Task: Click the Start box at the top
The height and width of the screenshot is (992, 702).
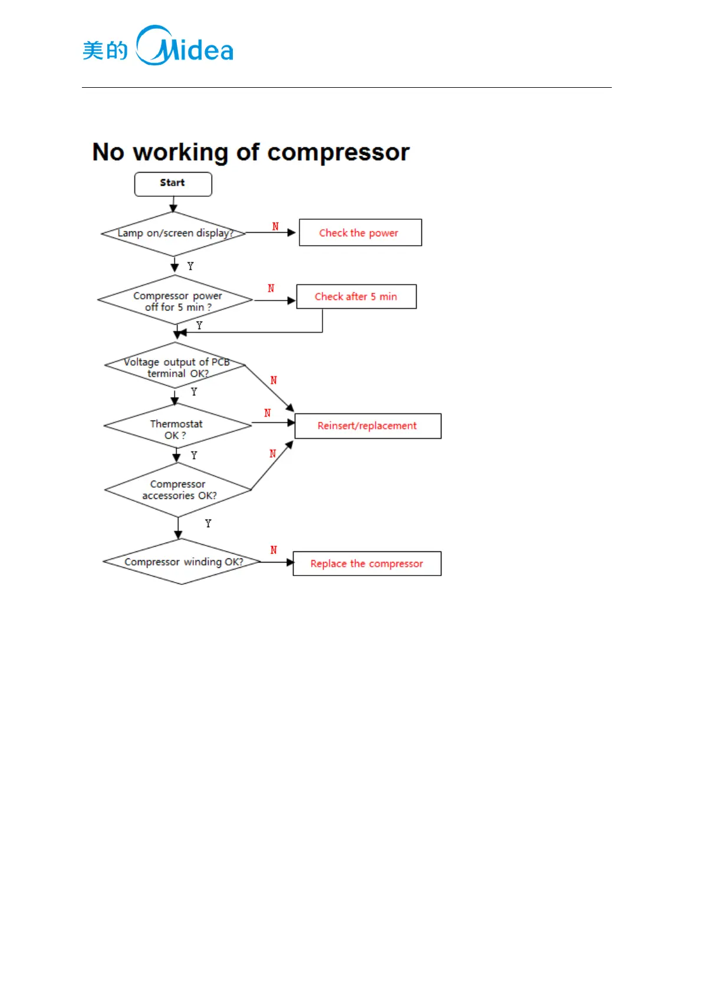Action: click(x=173, y=184)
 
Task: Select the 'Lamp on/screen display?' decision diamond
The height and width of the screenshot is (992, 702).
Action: click(x=174, y=233)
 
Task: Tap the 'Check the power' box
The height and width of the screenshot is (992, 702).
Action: click(x=360, y=233)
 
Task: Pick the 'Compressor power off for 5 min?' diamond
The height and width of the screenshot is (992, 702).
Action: click(x=176, y=300)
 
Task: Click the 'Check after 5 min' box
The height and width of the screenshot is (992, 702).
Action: click(x=356, y=296)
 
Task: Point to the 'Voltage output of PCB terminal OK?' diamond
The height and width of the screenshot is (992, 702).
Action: click(x=175, y=366)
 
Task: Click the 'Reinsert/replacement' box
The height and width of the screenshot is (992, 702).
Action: click(x=367, y=426)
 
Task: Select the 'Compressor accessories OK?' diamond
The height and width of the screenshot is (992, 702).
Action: click(x=178, y=490)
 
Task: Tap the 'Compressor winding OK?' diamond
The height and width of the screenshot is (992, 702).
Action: click(x=182, y=562)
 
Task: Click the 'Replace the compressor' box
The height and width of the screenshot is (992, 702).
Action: click(x=367, y=564)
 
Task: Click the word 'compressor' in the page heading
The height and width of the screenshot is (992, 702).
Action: click(x=338, y=153)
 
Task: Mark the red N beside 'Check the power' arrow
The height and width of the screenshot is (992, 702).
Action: click(x=275, y=226)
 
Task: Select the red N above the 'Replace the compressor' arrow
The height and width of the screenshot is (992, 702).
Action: click(x=273, y=550)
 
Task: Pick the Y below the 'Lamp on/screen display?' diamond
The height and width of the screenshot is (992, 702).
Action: click(x=190, y=266)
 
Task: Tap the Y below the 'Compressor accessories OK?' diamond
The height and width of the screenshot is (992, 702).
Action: click(x=208, y=523)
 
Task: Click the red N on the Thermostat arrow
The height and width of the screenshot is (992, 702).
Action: click(x=268, y=413)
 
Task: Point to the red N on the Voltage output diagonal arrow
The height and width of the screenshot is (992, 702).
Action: click(x=273, y=381)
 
